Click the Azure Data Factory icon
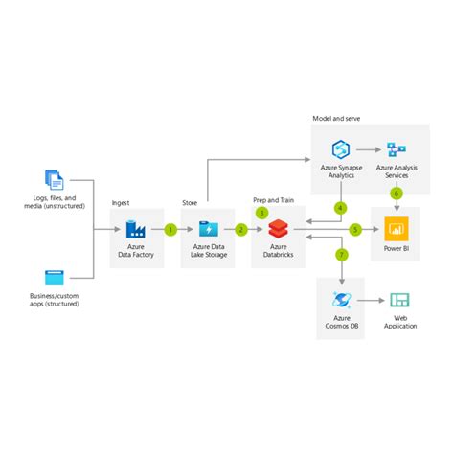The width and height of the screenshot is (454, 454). (x=135, y=230)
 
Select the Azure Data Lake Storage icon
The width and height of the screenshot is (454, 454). (x=208, y=230)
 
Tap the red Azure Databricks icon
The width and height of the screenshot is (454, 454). (x=278, y=230)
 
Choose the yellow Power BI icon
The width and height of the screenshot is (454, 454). (x=397, y=230)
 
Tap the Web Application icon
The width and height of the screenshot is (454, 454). (x=399, y=300)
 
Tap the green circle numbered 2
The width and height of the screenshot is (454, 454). (x=241, y=230)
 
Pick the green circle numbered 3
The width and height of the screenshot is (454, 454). (x=261, y=213)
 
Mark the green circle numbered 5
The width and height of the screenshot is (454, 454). (x=354, y=230)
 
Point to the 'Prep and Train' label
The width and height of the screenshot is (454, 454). (x=273, y=200)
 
